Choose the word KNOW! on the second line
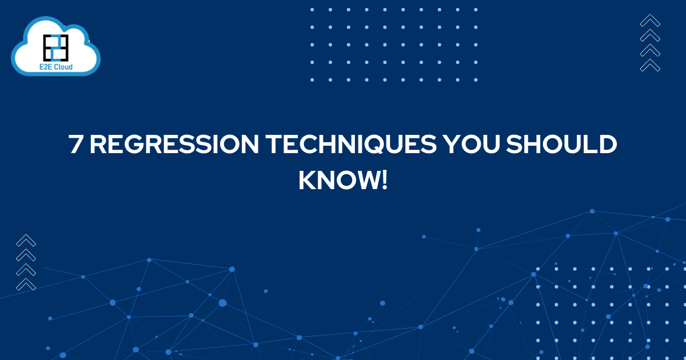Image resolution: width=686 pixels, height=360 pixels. click(x=342, y=181)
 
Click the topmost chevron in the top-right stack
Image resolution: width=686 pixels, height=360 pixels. click(x=650, y=21)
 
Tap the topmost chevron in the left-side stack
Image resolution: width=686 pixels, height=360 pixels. click(x=26, y=241)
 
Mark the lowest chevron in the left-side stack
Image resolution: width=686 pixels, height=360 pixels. click(x=26, y=283)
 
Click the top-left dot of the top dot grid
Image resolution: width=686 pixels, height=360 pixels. click(x=312, y=10)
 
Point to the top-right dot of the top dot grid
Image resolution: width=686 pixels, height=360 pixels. click(x=475, y=10)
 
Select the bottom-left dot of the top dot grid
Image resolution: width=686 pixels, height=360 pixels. click(x=312, y=79)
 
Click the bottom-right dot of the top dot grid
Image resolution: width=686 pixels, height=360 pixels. click(x=475, y=79)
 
